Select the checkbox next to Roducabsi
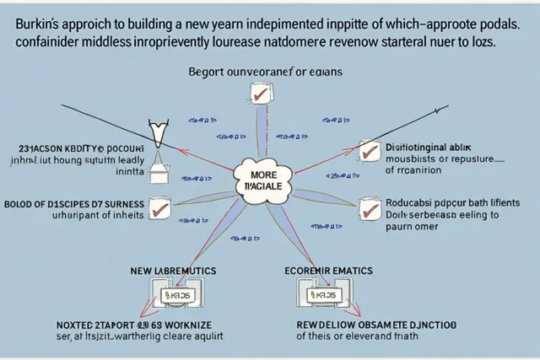pos(369,208)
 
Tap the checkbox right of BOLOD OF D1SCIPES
pos(157,207)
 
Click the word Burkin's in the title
pos(38,25)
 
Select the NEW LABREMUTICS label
pos(173,271)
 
